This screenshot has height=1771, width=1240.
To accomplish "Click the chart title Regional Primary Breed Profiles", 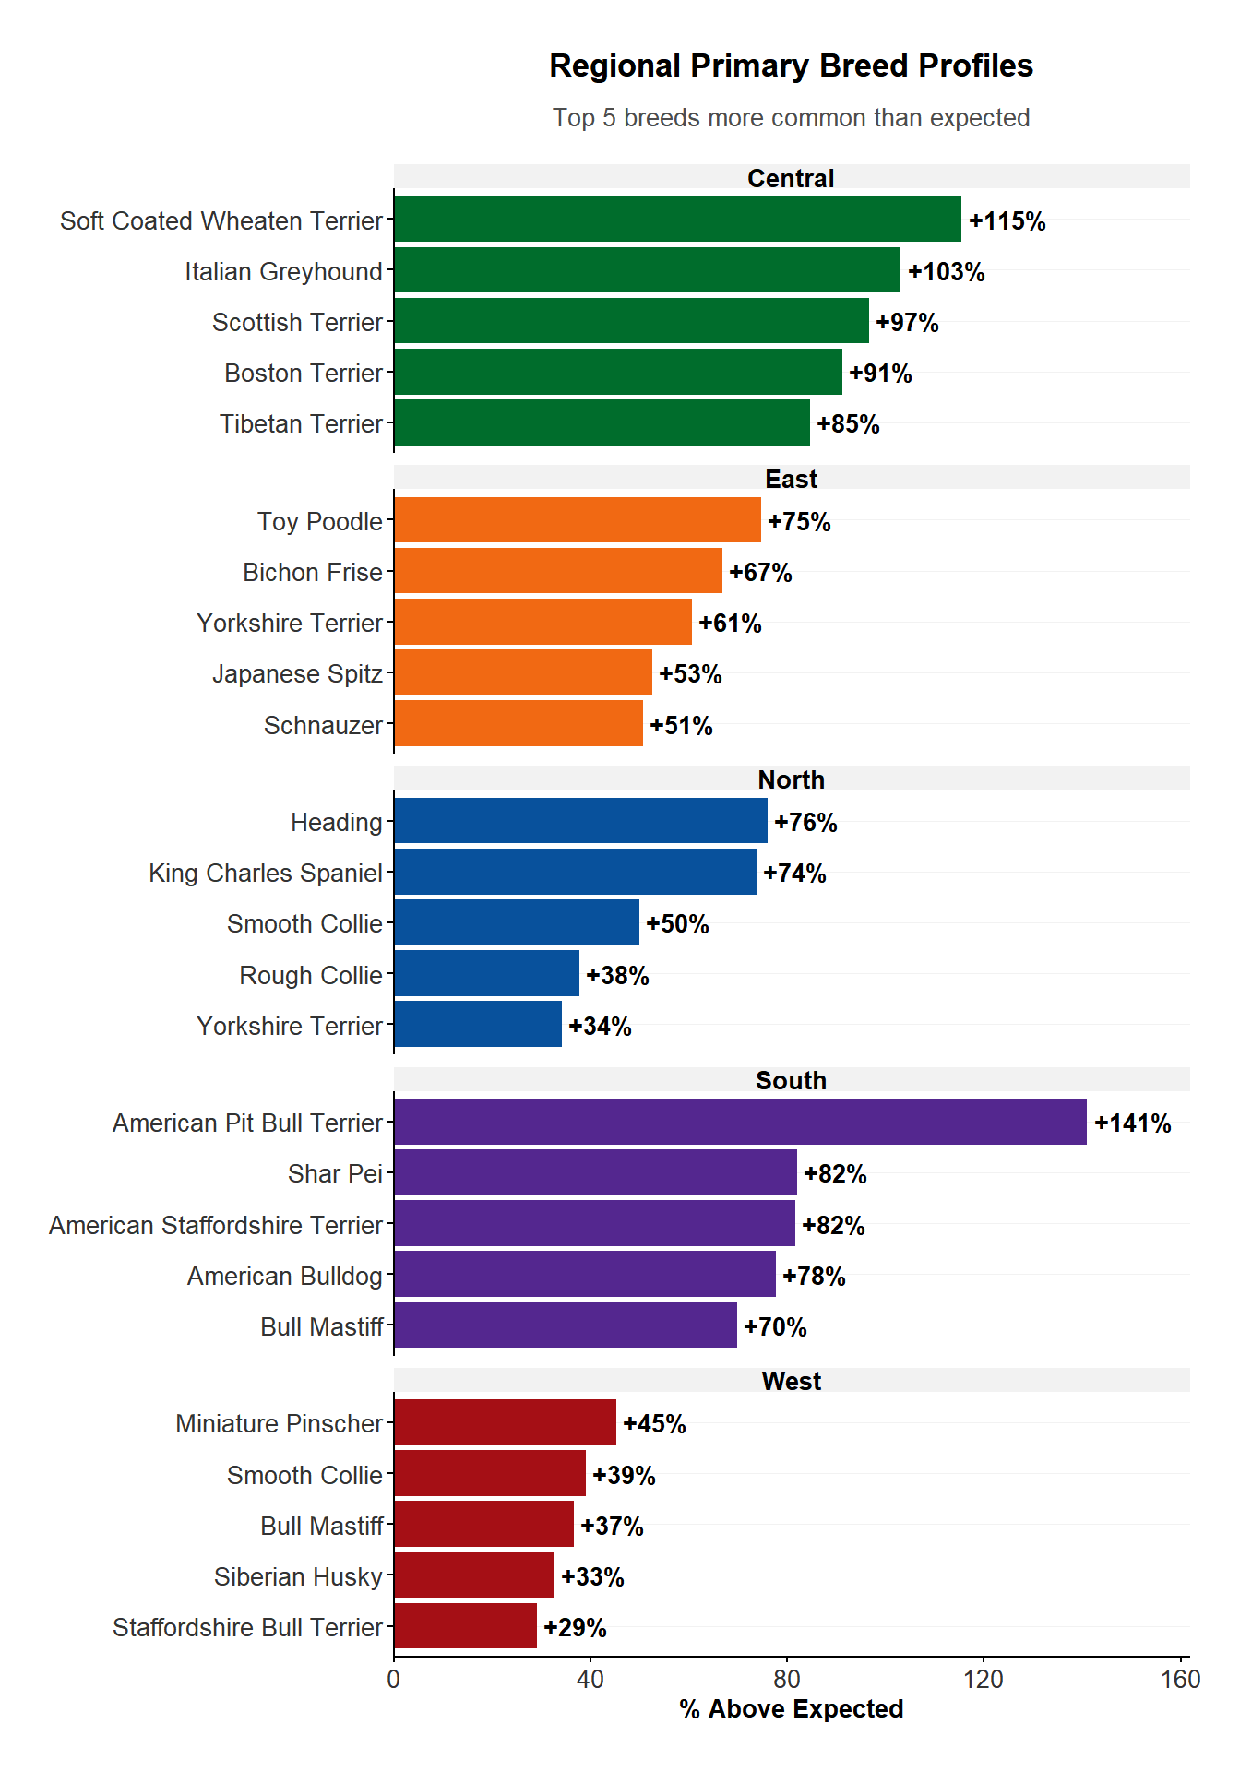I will (x=791, y=66).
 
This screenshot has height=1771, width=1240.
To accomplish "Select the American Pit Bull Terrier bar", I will (x=740, y=1122).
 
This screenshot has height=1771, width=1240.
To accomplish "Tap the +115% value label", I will (x=1007, y=221).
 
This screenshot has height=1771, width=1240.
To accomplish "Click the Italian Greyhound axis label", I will (x=283, y=272).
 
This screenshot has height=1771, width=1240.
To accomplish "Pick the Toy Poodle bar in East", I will (x=578, y=520).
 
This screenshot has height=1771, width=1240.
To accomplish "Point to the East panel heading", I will (x=791, y=479).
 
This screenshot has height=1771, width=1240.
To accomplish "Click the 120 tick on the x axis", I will (x=984, y=1679).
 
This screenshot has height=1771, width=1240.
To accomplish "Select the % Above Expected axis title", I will (x=791, y=1709).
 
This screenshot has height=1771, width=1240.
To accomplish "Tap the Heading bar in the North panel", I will (x=580, y=821).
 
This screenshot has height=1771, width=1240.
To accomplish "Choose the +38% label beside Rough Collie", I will (x=617, y=975).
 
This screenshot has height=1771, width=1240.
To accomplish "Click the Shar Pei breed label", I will (x=335, y=1174).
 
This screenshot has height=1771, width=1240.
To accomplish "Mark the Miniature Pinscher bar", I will (x=505, y=1422).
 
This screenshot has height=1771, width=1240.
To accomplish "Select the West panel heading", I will (x=791, y=1381).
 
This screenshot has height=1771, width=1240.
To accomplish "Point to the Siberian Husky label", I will (x=298, y=1577).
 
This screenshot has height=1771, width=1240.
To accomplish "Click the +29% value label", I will (x=575, y=1628).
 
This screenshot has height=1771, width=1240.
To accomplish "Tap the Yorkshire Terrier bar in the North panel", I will (x=478, y=1025).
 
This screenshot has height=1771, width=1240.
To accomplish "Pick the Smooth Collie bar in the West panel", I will (x=490, y=1474).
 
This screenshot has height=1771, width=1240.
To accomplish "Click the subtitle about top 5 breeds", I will (x=791, y=118).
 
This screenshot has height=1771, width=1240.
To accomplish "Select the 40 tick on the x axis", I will (x=590, y=1679).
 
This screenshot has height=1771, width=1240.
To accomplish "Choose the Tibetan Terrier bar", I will (x=602, y=423).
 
